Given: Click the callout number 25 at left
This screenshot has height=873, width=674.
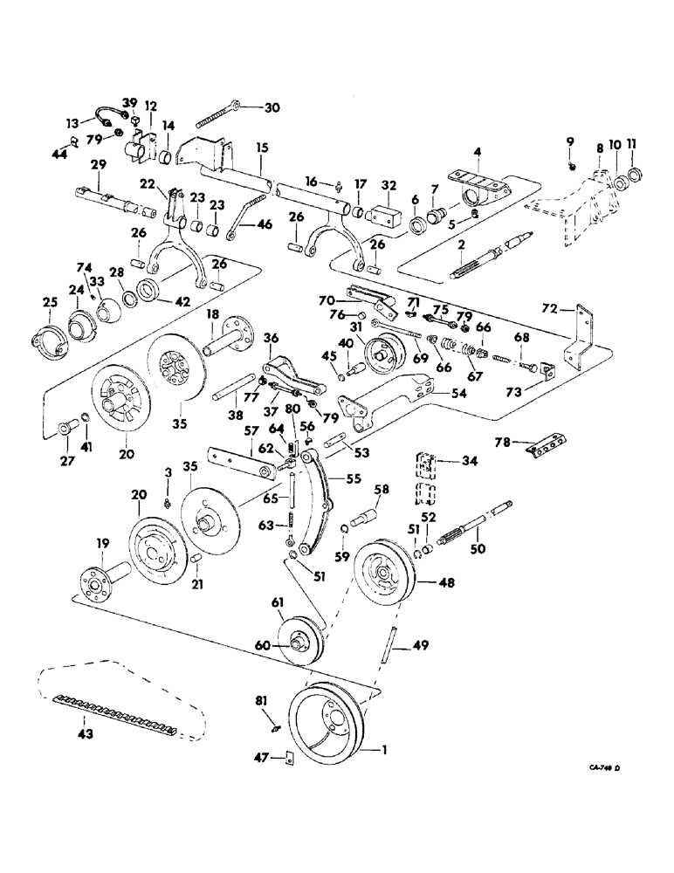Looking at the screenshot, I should pyautogui.click(x=50, y=303).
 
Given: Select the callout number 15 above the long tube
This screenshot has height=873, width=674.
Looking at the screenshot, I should pyautogui.click(x=263, y=149).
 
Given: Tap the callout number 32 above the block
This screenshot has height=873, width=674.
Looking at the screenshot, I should pyautogui.click(x=390, y=185).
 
